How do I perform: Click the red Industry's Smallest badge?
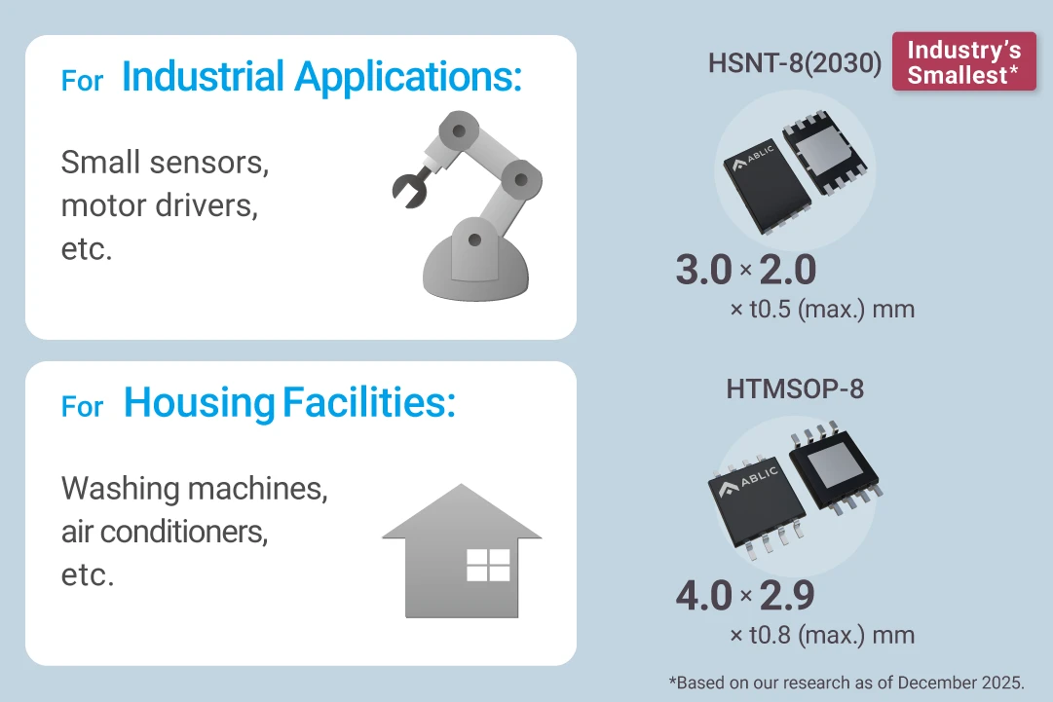click(963, 63)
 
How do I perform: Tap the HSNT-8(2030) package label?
click(795, 63)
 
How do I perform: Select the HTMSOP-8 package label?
click(795, 389)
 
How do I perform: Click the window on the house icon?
click(488, 565)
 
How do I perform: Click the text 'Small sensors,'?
click(165, 163)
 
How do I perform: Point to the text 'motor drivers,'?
click(159, 205)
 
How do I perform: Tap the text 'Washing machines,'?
click(194, 488)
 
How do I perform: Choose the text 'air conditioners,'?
click(164, 531)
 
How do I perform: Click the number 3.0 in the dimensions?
click(703, 271)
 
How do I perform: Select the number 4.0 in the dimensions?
click(703, 596)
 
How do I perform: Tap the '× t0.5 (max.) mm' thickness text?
click(821, 310)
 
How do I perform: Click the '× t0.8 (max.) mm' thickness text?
click(821, 636)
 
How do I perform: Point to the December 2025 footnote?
click(846, 683)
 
